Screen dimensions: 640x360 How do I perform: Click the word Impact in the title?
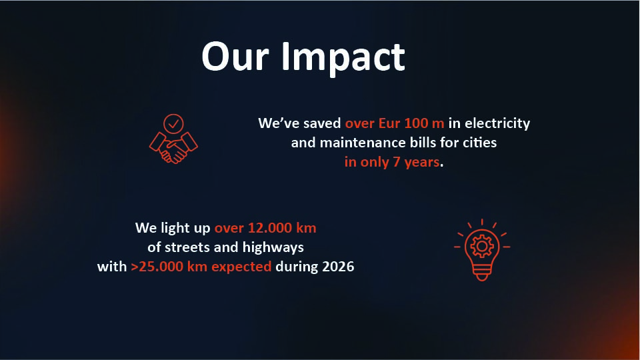click(x=343, y=57)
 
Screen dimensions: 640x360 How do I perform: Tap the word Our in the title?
click(x=235, y=57)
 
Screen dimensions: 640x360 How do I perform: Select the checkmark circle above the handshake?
click(x=173, y=124)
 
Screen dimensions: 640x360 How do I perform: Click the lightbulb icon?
click(x=482, y=250)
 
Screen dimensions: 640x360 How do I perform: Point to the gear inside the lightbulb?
click(x=482, y=246)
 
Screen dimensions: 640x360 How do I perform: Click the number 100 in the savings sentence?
click(x=416, y=123)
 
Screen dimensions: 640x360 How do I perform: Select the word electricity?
click(x=497, y=123)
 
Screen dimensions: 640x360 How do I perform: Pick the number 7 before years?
click(x=396, y=163)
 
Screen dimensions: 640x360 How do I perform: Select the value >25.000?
click(x=157, y=267)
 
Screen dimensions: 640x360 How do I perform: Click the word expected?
click(x=241, y=267)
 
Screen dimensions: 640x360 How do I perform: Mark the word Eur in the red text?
click(x=389, y=123)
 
